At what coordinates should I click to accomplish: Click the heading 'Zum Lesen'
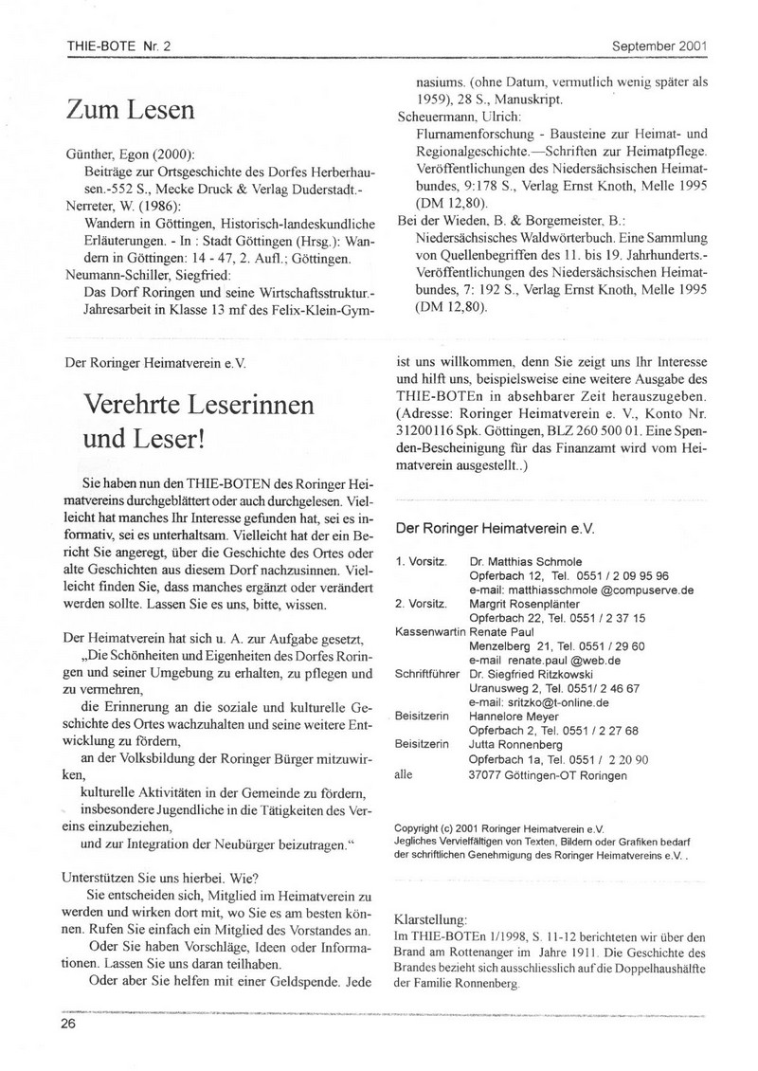pos(131,111)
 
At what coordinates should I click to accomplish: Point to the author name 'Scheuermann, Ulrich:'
pos(459,117)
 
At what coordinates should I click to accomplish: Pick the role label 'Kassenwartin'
pos(425,629)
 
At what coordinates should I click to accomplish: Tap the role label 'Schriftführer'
pos(427,673)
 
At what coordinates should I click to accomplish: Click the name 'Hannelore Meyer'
pos(514,717)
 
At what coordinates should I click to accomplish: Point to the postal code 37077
pos(489,774)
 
